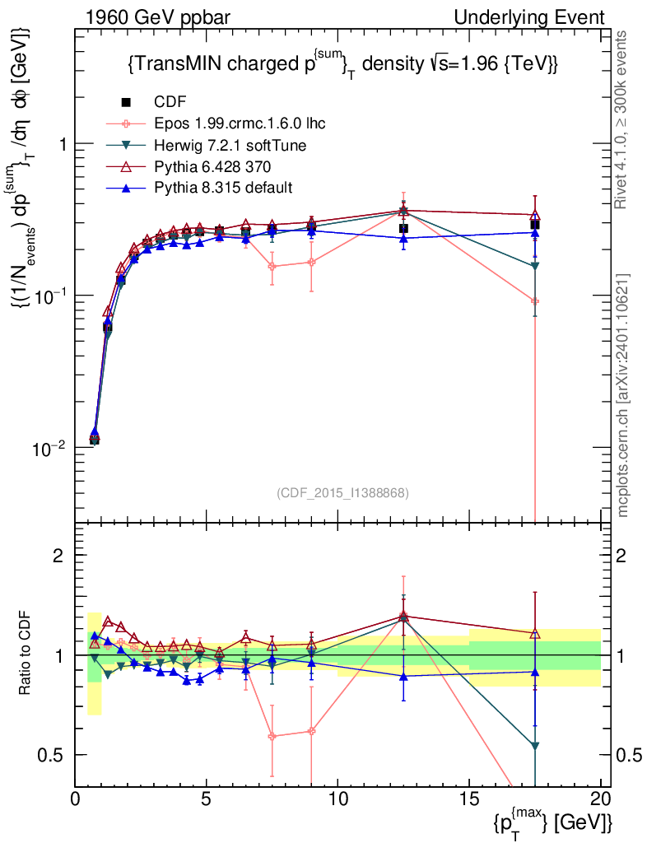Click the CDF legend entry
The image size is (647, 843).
170,102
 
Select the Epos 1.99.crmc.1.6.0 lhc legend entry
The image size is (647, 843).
237,123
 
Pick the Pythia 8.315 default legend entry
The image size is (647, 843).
222,188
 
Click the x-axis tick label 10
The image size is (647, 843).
337,799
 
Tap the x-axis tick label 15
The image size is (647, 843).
469,799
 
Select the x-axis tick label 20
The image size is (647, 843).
601,799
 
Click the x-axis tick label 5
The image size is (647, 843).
207,799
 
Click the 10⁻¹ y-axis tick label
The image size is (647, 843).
52,296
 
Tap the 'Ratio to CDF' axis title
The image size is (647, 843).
26,654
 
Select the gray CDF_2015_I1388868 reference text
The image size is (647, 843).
342,493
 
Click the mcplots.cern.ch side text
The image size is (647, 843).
624,395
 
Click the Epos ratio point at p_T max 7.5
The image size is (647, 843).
272,736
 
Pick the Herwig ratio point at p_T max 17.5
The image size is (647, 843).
535,746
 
